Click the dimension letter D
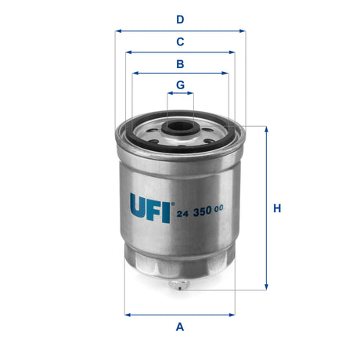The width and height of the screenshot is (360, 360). [180, 19]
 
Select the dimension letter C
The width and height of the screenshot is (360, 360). [180, 41]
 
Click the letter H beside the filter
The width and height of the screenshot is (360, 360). [277, 209]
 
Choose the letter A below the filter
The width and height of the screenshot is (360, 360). [180, 327]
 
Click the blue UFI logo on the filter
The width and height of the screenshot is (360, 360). [148, 207]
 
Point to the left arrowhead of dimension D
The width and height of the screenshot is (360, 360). [117, 31]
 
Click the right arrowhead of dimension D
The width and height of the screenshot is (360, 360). [243, 31]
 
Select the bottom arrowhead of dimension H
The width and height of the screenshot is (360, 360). [267, 288]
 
